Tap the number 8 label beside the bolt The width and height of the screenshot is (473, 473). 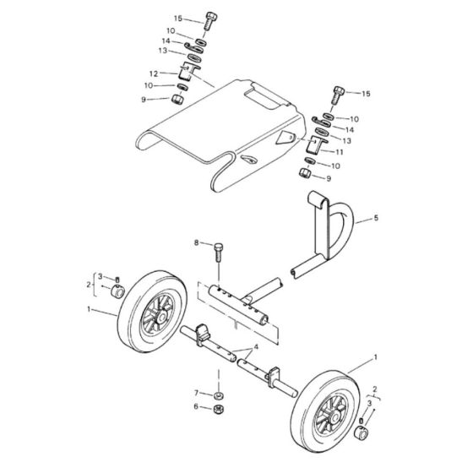point(197,243)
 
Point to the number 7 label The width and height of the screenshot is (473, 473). point(196,393)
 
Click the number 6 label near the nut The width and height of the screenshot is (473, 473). point(196,407)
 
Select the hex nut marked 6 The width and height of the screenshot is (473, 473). point(217,408)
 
